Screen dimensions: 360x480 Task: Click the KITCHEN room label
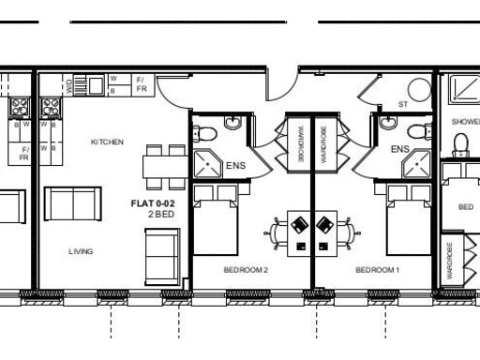107,142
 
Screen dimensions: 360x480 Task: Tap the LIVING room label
81,251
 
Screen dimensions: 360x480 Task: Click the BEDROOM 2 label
246,270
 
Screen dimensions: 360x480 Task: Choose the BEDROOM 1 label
377,270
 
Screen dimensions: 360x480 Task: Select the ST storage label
403,105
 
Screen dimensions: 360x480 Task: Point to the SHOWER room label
465,122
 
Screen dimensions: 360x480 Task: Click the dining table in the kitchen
165,167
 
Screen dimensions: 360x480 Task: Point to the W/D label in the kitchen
69,85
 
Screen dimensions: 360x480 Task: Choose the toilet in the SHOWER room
460,143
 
